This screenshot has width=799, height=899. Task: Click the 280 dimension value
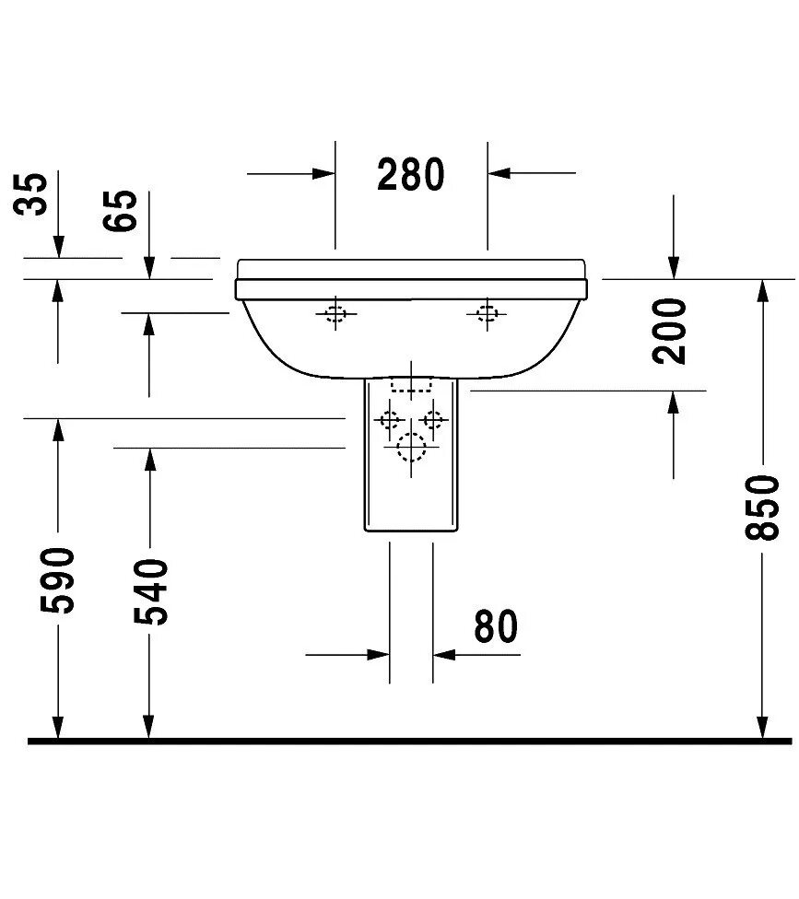coord(411,174)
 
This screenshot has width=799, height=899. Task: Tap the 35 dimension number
coord(34,193)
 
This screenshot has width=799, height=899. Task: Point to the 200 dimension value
coord(674,331)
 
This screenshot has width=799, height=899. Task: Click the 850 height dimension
coord(764,507)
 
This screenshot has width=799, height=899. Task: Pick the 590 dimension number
coord(57,579)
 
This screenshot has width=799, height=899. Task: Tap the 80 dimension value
coord(496,627)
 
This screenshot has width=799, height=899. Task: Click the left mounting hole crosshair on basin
coord(335,314)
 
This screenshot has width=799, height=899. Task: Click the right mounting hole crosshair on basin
coord(486,314)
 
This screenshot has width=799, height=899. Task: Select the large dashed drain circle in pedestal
coord(411,448)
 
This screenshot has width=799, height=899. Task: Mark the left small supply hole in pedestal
coord(387,420)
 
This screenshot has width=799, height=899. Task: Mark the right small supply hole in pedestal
coord(432,420)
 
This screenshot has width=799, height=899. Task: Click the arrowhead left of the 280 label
coord(323,172)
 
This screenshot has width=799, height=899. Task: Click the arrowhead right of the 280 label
coord(499,172)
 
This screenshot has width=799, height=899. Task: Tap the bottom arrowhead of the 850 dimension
coord(763,729)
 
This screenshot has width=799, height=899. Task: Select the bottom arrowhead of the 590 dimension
coord(58,729)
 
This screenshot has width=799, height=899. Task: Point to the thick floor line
coord(405,741)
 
